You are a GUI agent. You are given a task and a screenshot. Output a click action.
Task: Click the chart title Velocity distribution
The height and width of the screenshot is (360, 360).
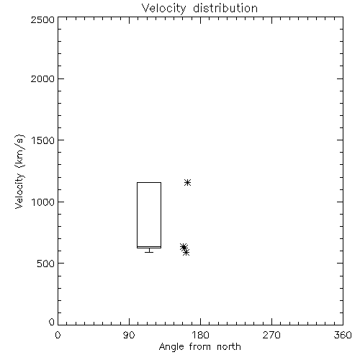point(199,9)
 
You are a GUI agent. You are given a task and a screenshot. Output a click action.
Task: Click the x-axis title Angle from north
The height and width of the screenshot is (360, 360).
point(199,347)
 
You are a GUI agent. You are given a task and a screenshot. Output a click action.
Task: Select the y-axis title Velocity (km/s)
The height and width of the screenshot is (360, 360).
point(19,171)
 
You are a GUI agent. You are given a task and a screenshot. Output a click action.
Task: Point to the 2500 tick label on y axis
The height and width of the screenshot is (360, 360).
point(42,19)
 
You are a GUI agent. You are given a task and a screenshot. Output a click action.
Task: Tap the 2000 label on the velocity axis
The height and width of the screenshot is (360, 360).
point(42,78)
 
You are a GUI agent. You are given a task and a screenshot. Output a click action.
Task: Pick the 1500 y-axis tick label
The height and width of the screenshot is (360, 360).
point(43,140)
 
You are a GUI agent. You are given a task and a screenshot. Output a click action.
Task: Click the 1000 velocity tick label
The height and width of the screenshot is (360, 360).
point(43,202)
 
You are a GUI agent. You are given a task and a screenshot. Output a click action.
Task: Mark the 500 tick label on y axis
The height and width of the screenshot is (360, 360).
point(46,264)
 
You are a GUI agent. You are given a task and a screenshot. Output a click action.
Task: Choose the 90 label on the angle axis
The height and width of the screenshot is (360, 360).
point(129,335)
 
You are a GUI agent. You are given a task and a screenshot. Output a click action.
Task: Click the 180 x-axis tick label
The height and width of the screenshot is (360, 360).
point(200,335)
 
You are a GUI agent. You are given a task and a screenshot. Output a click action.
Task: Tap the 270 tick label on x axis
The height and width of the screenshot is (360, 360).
point(271,335)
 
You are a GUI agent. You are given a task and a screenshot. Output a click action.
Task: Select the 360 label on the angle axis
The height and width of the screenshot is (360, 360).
point(343,335)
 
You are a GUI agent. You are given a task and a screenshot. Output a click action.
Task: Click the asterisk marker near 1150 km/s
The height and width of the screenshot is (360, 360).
point(187,183)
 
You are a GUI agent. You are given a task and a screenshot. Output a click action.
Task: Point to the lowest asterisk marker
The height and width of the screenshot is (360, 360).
point(186,252)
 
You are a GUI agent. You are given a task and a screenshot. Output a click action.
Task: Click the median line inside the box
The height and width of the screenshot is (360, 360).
point(149,246)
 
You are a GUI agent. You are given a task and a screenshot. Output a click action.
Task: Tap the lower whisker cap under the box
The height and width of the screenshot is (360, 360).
point(149,252)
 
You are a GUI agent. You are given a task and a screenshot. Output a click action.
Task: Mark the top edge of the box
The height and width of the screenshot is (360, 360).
point(149,183)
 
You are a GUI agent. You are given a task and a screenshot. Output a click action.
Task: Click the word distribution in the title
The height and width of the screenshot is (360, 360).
point(225,9)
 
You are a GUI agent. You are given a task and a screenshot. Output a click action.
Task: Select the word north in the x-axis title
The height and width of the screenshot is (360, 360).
point(229,347)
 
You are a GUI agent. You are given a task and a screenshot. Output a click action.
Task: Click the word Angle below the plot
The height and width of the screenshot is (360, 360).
point(172,347)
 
